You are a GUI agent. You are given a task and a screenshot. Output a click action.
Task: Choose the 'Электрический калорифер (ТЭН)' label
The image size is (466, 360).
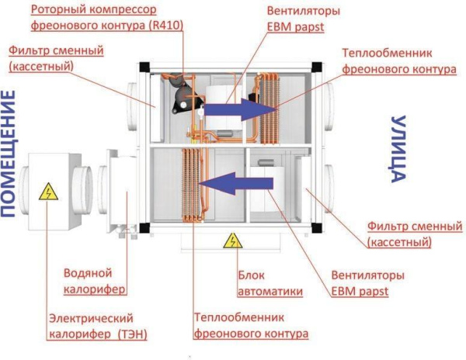pyautogui.click(x=97, y=326)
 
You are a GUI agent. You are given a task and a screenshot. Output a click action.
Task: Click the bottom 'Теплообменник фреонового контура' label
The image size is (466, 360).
pyautogui.click(x=249, y=326)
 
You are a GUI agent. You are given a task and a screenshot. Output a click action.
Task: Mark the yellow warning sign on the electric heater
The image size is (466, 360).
pyautogui.click(x=50, y=191)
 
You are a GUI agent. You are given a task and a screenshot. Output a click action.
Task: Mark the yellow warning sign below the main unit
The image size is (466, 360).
pyautogui.click(x=232, y=241)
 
